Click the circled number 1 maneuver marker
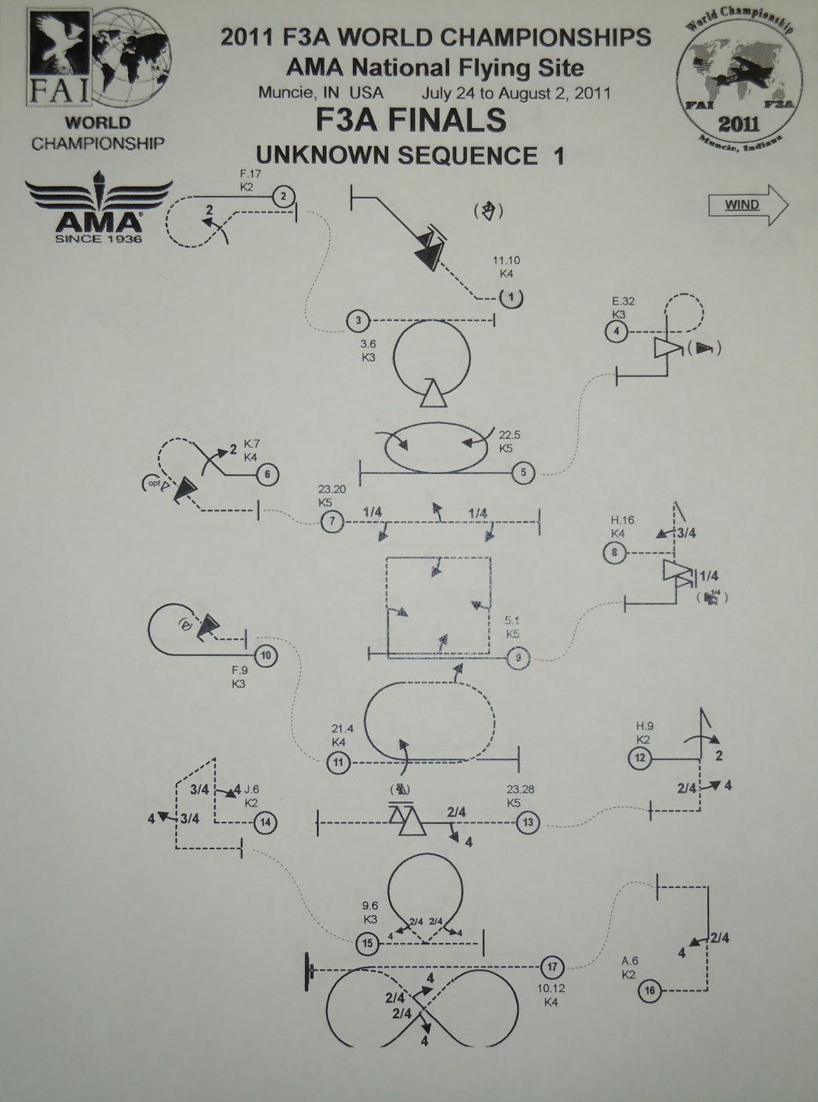tap(510, 298)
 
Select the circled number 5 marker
tap(523, 472)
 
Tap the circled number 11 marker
tap(338, 762)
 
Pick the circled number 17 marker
tap(551, 967)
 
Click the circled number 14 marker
tap(265, 822)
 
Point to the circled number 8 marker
tap(615, 552)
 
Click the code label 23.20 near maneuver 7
tap(331, 490)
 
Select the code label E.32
tap(623, 302)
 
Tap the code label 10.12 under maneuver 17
tap(551, 989)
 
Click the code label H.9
tap(644, 726)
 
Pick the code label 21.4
tap(342, 729)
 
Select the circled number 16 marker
tap(649, 991)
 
